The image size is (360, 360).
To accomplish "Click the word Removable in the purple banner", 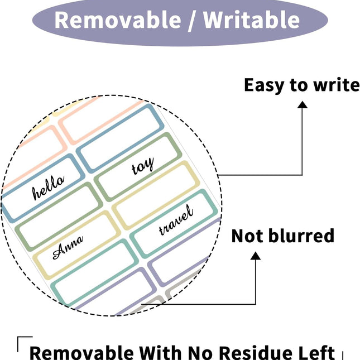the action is (x=118, y=20).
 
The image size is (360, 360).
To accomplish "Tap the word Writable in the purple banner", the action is (x=251, y=20).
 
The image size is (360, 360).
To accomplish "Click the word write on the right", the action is (x=337, y=85).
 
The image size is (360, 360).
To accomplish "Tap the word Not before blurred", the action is (x=247, y=236).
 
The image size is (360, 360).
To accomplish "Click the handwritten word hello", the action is (x=48, y=188).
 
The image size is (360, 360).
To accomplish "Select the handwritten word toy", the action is (x=142, y=166).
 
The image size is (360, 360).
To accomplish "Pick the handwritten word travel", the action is (x=176, y=220).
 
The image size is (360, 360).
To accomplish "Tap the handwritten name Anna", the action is (x=68, y=247).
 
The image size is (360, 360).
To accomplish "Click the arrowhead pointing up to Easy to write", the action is (x=303, y=105).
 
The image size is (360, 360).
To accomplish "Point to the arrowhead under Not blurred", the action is (x=255, y=256).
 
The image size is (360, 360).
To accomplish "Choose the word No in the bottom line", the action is (x=200, y=352).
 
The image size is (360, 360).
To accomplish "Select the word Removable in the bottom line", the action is (x=81, y=352).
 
